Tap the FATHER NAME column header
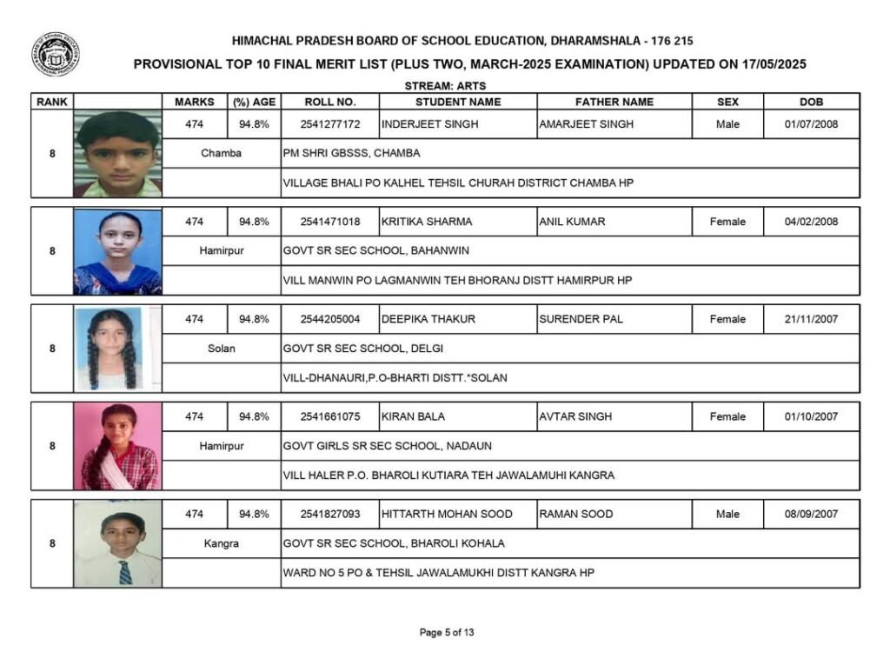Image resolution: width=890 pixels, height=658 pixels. [614, 102]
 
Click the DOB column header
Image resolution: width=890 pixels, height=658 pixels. [811, 102]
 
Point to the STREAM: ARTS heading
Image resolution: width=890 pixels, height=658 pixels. [445, 86]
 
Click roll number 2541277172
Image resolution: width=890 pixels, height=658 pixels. [330, 124]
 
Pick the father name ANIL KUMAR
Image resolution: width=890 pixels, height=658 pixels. [572, 222]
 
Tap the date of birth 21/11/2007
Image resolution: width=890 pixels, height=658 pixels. [811, 319]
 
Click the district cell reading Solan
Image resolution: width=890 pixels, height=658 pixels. [222, 349]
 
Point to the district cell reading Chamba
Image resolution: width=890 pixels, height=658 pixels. [222, 153]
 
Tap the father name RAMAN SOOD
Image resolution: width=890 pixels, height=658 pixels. [576, 514]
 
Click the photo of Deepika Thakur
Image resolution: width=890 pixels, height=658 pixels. [117, 349]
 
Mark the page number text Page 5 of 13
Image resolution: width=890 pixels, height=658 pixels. [447, 633]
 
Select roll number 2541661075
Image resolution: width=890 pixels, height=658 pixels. [330, 416]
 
